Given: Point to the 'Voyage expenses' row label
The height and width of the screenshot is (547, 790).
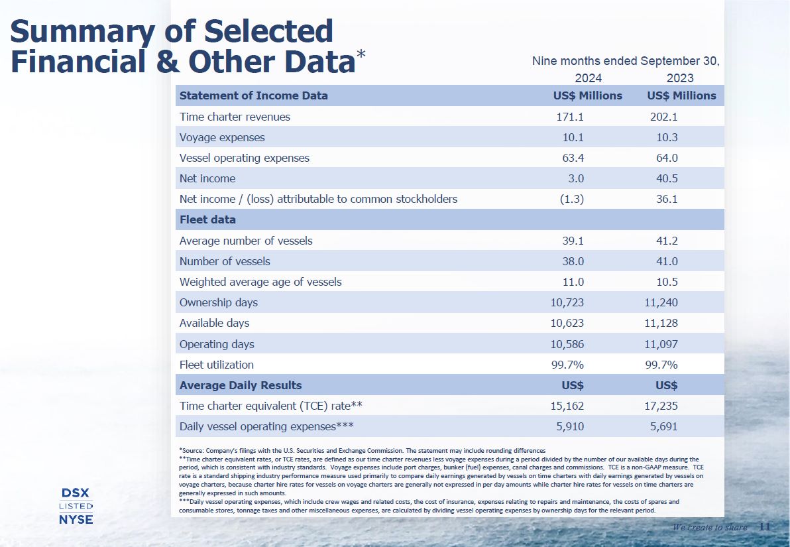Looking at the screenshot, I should point(222,137).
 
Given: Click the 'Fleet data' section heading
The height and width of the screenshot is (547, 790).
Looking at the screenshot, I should point(207,219).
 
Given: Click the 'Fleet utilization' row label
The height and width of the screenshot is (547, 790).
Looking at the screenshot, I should point(217,365).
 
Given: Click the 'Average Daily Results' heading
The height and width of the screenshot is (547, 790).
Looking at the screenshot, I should point(241,385).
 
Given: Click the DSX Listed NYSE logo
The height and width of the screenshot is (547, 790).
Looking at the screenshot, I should point(76,506).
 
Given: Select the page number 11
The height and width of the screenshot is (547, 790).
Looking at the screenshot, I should point(764,527).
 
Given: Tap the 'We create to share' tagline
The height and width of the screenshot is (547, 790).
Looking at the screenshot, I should point(710,528).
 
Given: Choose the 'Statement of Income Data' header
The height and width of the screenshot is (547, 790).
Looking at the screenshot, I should point(254,95).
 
